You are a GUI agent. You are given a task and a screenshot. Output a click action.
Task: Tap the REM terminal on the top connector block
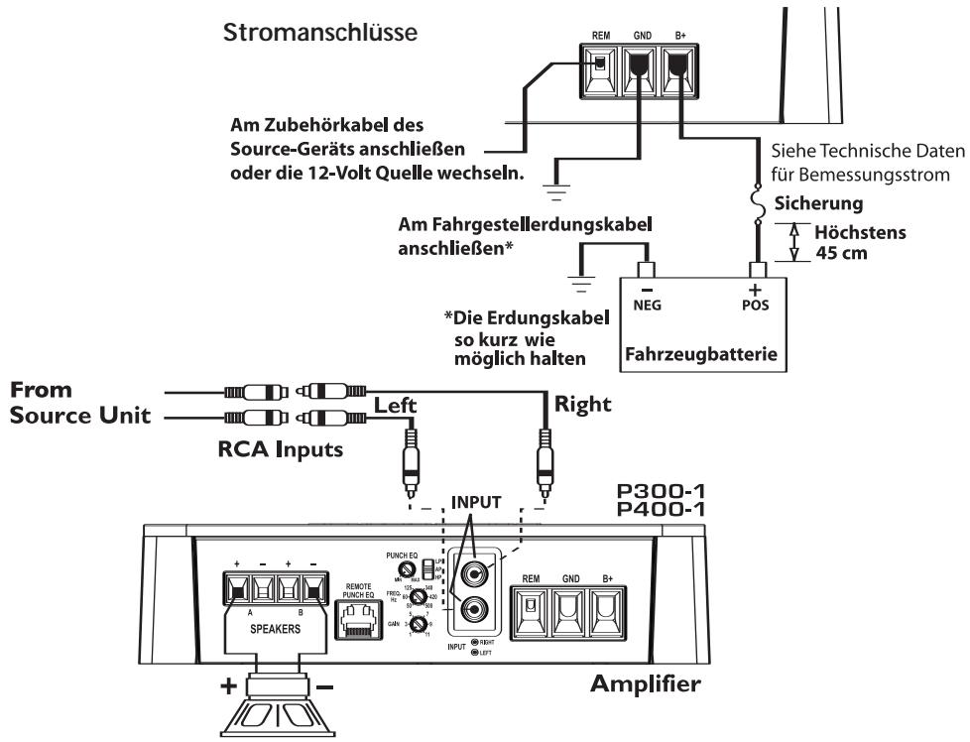[601, 70]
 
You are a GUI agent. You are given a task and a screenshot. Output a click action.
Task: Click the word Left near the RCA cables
[397, 405]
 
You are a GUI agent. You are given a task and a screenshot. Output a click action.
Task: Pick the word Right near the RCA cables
[584, 405]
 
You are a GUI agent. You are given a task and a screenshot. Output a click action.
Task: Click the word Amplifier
[647, 684]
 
